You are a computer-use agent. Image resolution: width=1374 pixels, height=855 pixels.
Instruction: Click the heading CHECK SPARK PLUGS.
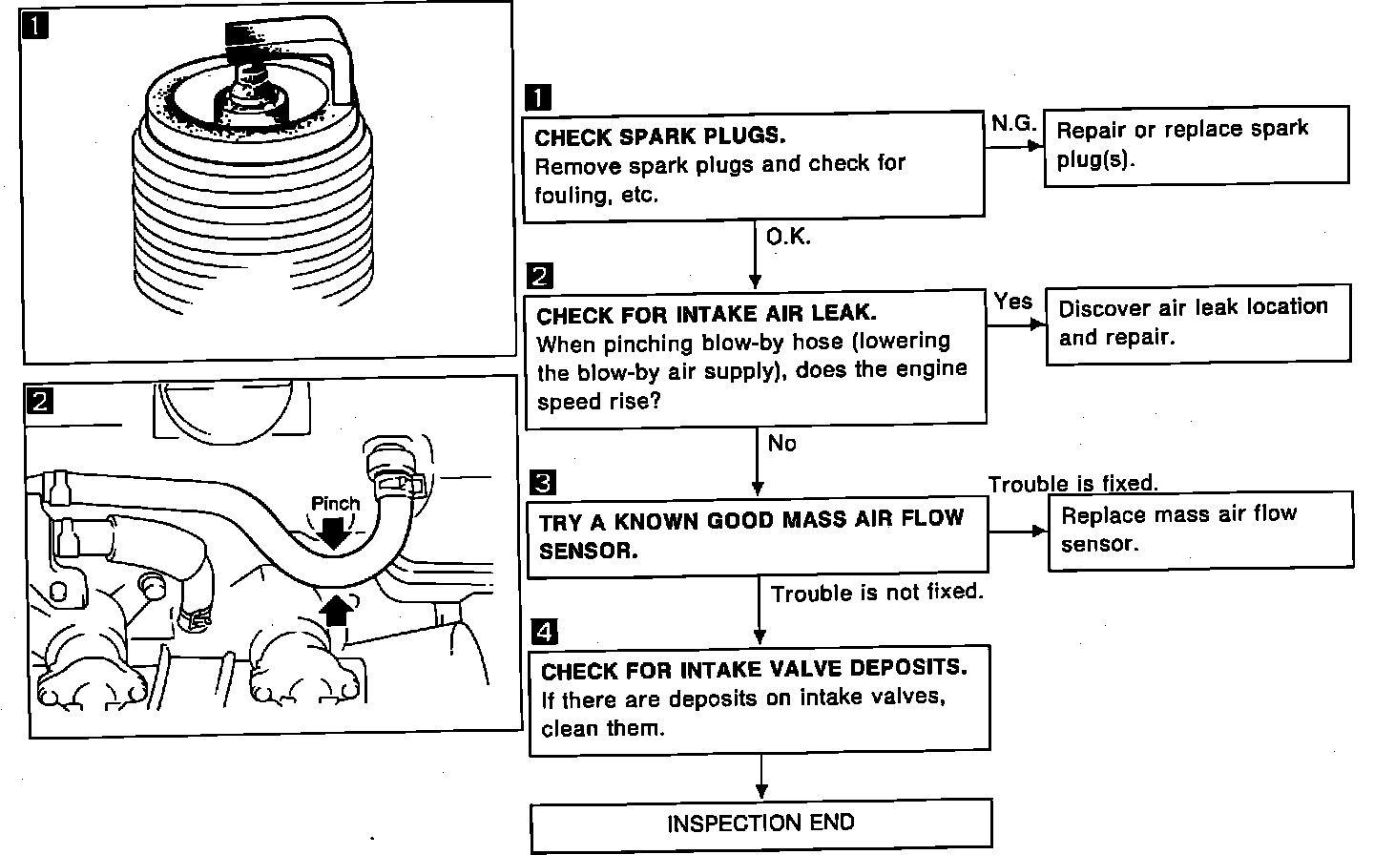(x=660, y=136)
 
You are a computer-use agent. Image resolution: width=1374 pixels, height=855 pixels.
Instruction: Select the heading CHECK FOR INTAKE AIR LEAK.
(x=706, y=314)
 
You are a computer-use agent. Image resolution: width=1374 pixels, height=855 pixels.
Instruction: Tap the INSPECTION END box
(x=760, y=824)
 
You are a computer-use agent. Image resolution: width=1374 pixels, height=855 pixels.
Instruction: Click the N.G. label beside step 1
(x=1013, y=123)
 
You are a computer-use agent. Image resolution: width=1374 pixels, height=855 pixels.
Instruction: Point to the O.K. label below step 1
(x=788, y=237)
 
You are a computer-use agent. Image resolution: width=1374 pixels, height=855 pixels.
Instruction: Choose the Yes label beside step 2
(x=1012, y=302)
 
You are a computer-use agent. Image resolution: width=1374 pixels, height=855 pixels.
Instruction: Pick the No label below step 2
(x=781, y=443)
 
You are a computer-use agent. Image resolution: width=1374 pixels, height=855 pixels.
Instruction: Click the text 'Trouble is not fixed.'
(x=877, y=593)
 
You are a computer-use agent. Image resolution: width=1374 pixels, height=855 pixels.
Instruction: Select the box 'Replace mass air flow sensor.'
(x=1199, y=531)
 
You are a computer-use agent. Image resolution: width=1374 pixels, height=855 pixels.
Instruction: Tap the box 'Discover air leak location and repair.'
(x=1197, y=323)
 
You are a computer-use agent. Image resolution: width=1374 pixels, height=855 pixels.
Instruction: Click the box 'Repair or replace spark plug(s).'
(x=1196, y=144)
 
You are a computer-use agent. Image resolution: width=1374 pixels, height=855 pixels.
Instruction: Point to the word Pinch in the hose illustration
(x=336, y=503)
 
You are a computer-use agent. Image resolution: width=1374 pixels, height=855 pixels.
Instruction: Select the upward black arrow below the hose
(x=335, y=609)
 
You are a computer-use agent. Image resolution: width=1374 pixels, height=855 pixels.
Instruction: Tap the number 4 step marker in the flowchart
(x=542, y=632)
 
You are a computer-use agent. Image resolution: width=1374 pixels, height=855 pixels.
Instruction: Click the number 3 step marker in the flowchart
(x=541, y=483)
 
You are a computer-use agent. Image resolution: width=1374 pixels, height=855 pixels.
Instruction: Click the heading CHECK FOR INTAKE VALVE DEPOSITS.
(x=754, y=670)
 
